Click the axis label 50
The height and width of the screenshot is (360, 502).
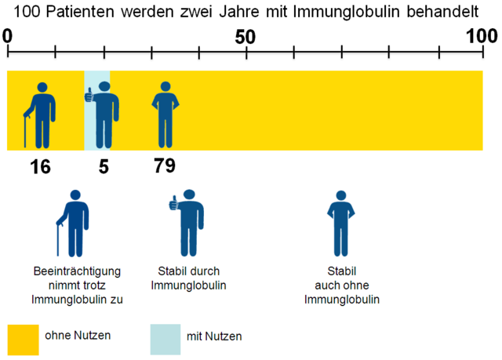pyautogui.click(x=246, y=36)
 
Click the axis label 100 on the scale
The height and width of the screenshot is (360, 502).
pyautogui.click(x=479, y=36)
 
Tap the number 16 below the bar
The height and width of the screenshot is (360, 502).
pyautogui.click(x=42, y=166)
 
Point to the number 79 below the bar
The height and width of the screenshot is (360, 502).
pyautogui.click(x=164, y=166)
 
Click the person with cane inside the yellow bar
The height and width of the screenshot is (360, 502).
pyautogui.click(x=38, y=115)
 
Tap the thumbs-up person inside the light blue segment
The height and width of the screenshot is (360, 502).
pyautogui.click(x=101, y=115)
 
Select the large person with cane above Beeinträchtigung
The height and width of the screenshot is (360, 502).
pyautogui.click(x=74, y=223)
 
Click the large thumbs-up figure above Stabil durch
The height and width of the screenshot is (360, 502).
pyautogui.click(x=187, y=223)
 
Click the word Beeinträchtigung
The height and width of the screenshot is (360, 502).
pyautogui.click(x=78, y=271)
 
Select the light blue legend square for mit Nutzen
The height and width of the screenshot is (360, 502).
pyautogui.click(x=165, y=338)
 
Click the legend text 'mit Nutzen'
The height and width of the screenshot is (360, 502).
pyautogui.click(x=214, y=336)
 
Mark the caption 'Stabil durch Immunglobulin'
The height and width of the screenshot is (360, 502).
pyautogui.click(x=188, y=278)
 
